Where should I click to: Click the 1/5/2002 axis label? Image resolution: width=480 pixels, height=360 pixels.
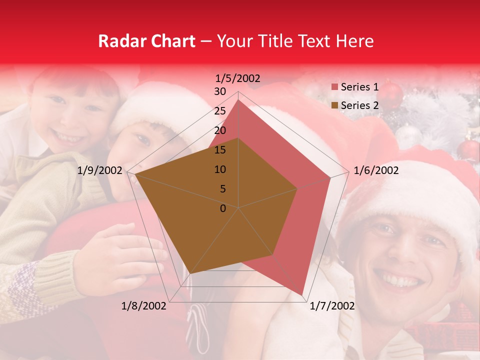[x=238, y=78]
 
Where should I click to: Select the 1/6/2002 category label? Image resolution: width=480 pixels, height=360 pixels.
[x=376, y=170]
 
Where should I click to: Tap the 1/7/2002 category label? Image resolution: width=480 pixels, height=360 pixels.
[x=332, y=306]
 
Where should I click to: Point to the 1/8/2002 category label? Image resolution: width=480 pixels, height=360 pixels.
[x=144, y=306]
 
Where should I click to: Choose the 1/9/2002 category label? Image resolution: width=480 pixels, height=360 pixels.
[x=100, y=170]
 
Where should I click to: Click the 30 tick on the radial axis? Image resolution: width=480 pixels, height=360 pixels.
[x=220, y=91]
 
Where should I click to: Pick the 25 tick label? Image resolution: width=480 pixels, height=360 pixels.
[x=220, y=111]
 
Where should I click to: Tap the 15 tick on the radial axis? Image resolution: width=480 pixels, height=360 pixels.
[x=220, y=150]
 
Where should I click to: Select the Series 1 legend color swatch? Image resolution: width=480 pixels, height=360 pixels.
[x=334, y=87]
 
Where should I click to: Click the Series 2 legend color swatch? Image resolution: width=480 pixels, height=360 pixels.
[x=334, y=105]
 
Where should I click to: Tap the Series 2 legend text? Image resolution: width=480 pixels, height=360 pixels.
[x=359, y=105]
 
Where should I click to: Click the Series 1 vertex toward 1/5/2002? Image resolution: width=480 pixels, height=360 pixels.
[x=238, y=99]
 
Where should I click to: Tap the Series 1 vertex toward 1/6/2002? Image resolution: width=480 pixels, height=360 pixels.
[x=330, y=177]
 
